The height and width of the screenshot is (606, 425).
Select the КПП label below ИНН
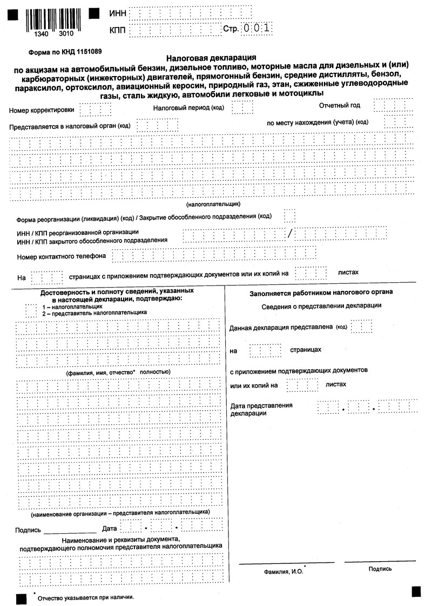tap(118, 30)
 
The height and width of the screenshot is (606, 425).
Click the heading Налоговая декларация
tap(211, 57)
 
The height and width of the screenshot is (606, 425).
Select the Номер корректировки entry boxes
tap(95, 110)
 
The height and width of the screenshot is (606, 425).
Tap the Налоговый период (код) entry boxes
tap(242, 107)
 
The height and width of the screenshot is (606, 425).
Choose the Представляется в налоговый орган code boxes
tap(150, 126)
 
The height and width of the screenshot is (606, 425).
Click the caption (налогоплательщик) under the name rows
tap(213, 205)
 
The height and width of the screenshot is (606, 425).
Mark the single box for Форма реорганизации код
tap(290, 216)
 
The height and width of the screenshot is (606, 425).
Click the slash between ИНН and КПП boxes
tap(289, 234)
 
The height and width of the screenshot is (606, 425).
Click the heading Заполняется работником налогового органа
tap(321, 292)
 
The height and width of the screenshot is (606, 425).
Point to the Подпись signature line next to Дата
tap(70, 531)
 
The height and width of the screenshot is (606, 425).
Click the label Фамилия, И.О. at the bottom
tap(284, 571)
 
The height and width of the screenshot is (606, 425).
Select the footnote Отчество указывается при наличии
tap(85, 597)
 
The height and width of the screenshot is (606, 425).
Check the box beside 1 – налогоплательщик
tap(31, 309)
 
